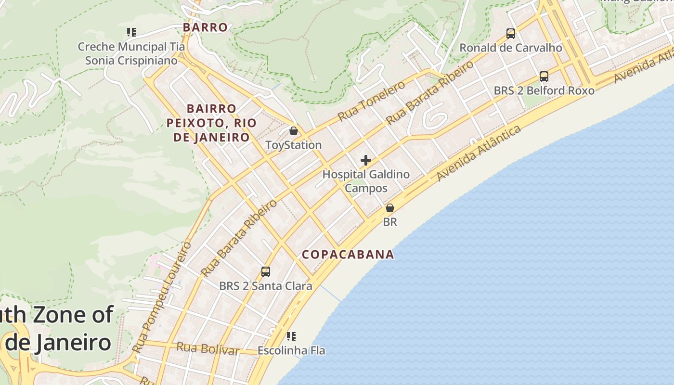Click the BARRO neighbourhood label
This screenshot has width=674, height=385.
coord(205,27)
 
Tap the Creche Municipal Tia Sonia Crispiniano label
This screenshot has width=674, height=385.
coord(131,53)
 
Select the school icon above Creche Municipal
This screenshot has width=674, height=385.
coord(131,32)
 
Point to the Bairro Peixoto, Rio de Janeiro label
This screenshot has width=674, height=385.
coord(211,123)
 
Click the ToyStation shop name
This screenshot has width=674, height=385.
coord(294,145)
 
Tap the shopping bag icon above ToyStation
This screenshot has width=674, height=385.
coord(294,130)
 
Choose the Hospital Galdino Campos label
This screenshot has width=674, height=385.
coord(366,181)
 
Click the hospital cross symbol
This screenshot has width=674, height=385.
coord(366,160)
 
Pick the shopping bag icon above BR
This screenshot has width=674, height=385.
coord(390,208)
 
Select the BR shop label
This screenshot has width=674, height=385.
coord(390,222)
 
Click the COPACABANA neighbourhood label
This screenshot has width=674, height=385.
coord(348,255)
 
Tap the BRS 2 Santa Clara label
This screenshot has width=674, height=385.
coord(266,286)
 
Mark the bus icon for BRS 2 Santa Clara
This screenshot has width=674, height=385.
coord(266,272)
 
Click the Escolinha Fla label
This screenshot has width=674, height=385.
coord(291,350)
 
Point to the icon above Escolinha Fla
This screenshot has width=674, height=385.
coord(291,336)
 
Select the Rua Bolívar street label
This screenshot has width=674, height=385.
coord(207,348)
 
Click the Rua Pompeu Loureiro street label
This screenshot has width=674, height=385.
coord(162,297)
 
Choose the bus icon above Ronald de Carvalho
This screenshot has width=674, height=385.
coord(511,34)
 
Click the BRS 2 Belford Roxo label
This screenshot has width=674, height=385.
coord(544,90)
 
